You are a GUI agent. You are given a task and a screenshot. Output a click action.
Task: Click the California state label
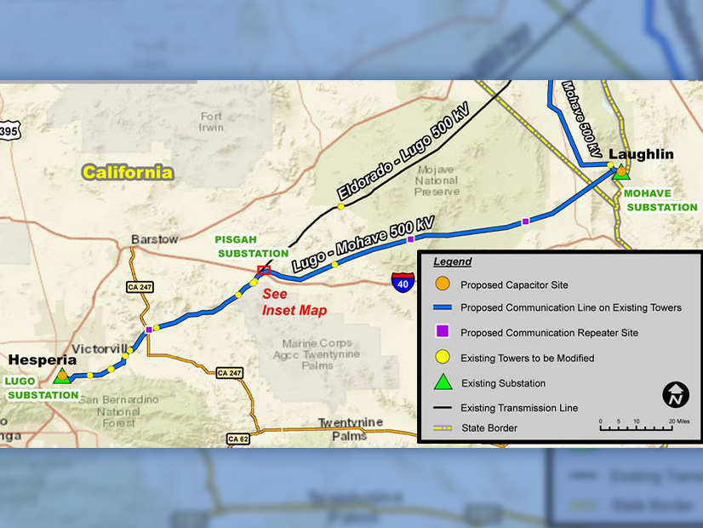[128, 173]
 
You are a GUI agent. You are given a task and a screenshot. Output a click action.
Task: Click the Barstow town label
[154, 239]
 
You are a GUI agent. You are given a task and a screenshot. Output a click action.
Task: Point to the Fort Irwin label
[211, 122]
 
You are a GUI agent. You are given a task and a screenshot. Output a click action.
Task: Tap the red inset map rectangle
[264, 270]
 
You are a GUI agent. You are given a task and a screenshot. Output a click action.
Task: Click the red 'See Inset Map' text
[294, 302]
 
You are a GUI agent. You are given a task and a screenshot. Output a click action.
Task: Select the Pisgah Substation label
[252, 246]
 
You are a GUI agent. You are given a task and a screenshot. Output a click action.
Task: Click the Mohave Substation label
[660, 200]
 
